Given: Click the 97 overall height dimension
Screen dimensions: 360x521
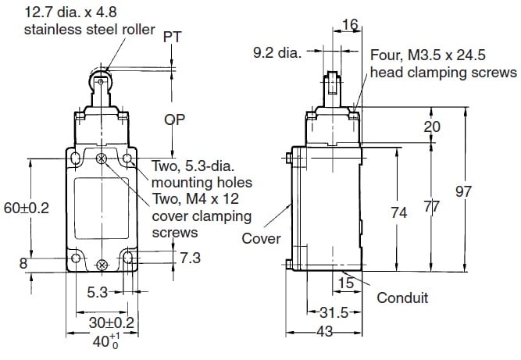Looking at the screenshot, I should click(487, 192).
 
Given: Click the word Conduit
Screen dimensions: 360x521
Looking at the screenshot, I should click(402, 298).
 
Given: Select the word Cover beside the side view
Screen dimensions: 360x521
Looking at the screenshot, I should click(260, 238).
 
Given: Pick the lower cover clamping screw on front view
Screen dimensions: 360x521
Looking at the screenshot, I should click(101, 266).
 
